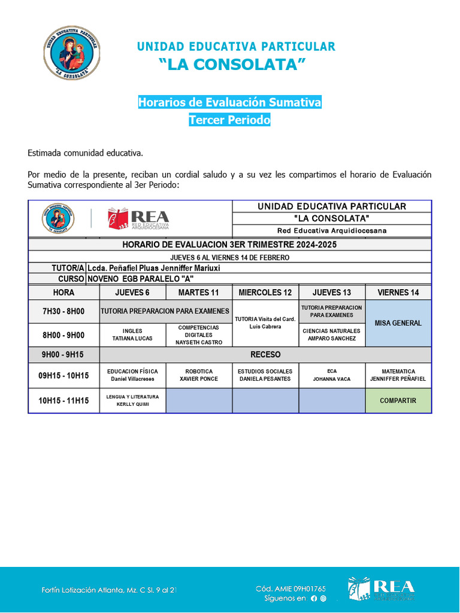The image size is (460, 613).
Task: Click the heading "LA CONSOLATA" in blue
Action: pyautogui.click(x=236, y=65)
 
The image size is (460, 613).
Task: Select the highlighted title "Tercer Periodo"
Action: pyautogui.click(x=229, y=120)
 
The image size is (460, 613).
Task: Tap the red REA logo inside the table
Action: pyautogui.click(x=138, y=219)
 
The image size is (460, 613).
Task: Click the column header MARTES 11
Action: pyautogui.click(x=199, y=293)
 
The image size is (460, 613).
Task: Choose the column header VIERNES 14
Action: pyautogui.click(x=398, y=293)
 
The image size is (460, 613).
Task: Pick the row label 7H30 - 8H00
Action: pyautogui.click(x=63, y=311)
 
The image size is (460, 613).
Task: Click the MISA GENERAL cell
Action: pyautogui.click(x=398, y=323)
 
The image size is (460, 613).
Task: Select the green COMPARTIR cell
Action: pyautogui.click(x=398, y=400)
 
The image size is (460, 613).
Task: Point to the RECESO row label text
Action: pyautogui.click(x=265, y=354)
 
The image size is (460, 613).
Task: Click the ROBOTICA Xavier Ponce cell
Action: pyautogui.click(x=199, y=375)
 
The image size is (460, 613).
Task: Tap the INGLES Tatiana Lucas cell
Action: pyautogui.click(x=132, y=335)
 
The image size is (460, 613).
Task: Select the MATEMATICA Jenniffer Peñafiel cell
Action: pyautogui.click(x=398, y=375)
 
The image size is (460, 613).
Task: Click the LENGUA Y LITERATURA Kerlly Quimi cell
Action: pyautogui.click(x=132, y=400)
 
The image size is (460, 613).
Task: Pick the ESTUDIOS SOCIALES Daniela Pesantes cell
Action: pyautogui.click(x=265, y=375)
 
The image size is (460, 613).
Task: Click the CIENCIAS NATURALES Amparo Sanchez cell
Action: pyautogui.click(x=331, y=335)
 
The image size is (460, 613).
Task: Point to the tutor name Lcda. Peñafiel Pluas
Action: pyautogui.click(x=153, y=268)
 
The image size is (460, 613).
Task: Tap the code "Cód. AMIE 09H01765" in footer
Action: pyautogui.click(x=290, y=589)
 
